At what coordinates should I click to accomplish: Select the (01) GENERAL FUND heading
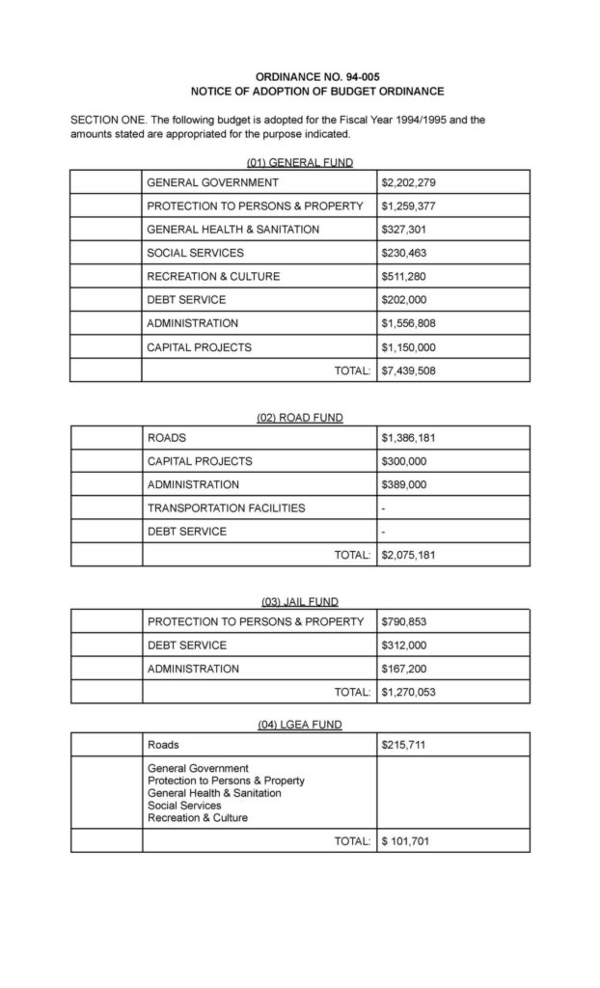299,162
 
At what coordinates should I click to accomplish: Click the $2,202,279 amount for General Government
410,182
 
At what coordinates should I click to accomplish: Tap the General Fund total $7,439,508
410,370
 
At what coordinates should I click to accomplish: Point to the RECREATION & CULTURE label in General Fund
213,276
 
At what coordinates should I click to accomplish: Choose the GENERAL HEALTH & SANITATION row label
232,230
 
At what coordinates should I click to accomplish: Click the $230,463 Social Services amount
404,253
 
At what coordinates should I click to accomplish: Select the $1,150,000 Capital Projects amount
410,346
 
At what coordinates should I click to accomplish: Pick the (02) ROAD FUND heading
299,418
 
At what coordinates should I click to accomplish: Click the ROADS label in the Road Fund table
167,438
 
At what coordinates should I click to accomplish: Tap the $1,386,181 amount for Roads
410,438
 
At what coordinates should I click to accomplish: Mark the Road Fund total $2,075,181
410,555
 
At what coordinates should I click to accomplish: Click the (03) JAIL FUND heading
299,602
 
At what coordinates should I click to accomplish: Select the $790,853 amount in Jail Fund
404,621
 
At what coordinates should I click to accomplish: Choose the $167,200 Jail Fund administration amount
404,669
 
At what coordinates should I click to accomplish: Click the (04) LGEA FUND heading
299,725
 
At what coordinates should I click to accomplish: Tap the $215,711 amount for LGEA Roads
404,745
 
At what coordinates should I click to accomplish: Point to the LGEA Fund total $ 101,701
405,841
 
